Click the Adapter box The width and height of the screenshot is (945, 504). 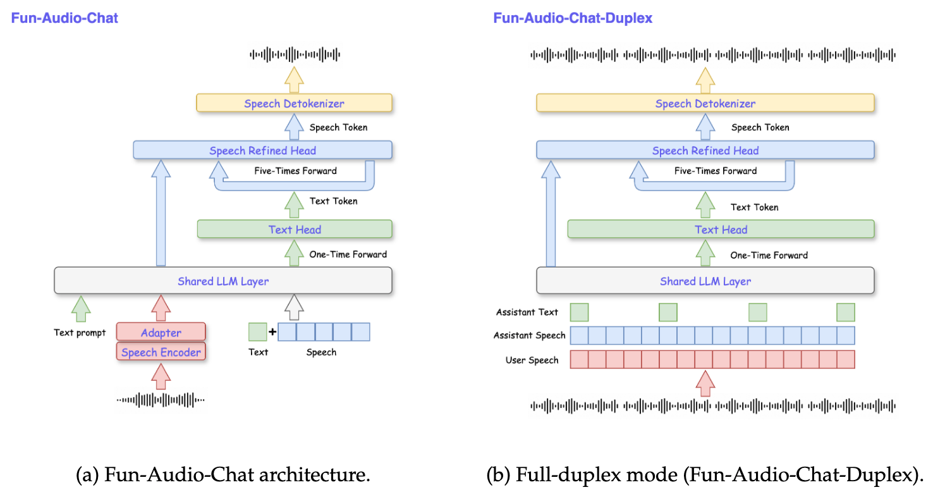click(x=161, y=332)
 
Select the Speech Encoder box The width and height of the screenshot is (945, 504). click(x=161, y=352)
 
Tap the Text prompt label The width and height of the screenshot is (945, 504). click(x=80, y=333)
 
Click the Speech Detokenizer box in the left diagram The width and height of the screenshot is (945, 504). click(x=294, y=103)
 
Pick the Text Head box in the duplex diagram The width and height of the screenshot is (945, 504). click(x=721, y=229)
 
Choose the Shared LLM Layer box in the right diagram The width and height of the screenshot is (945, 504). click(x=705, y=281)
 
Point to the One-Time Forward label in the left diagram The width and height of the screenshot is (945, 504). click(x=348, y=254)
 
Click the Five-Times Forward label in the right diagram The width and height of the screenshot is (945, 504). click(x=715, y=171)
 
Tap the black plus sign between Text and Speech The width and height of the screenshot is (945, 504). click(x=272, y=331)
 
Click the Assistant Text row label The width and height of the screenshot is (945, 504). click(x=527, y=312)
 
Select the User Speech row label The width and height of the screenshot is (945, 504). click(x=532, y=360)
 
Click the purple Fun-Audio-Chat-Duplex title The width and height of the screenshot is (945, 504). click(x=572, y=18)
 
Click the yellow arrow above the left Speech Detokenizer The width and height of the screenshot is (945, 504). click(x=294, y=78)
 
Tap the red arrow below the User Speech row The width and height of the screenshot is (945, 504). click(x=705, y=383)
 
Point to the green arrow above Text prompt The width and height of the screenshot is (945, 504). click(x=80, y=308)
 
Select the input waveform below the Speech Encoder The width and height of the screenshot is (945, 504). click(x=161, y=400)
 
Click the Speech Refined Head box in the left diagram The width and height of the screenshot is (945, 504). click(x=262, y=150)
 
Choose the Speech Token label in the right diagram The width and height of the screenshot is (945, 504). click(x=760, y=127)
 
